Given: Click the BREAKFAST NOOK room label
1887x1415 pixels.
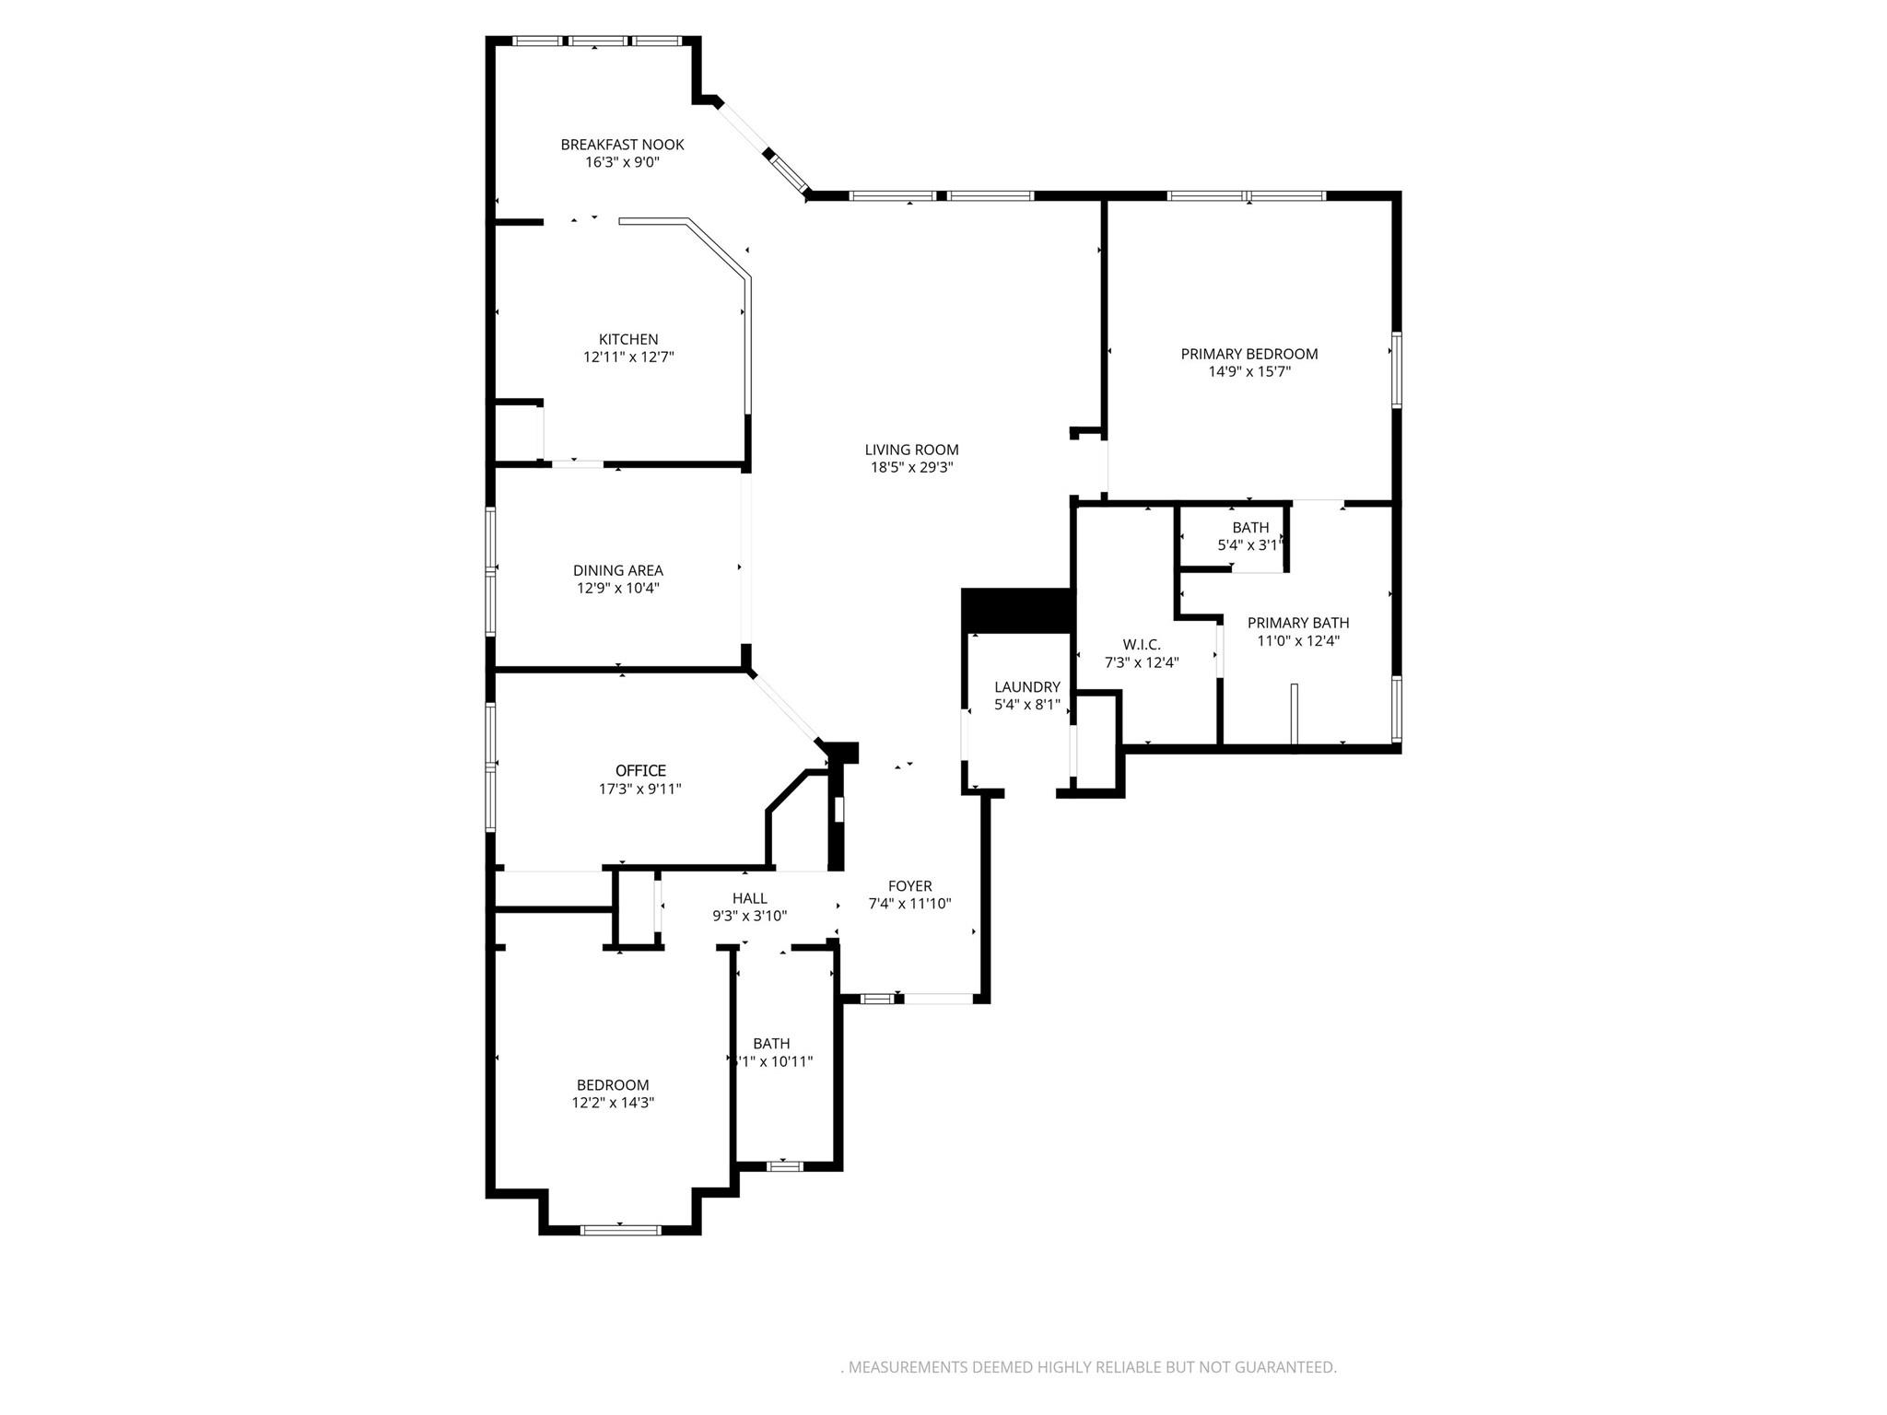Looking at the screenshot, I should tap(622, 145).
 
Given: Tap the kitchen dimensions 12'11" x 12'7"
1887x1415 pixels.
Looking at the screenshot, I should tap(628, 357).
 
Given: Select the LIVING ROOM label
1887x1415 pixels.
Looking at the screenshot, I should tap(911, 450).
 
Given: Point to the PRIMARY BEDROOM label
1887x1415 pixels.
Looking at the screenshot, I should tap(1249, 354).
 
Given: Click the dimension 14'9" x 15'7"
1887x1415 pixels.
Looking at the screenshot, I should tap(1249, 372).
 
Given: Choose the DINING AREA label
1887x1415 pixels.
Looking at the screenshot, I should tap(617, 570).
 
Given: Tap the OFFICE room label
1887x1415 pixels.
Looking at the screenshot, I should tap(640, 770).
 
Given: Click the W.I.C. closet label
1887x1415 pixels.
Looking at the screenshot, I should tap(1142, 644).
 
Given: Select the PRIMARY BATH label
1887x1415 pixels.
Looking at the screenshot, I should tap(1298, 623).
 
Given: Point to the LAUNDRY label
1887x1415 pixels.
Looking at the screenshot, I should tap(1027, 687).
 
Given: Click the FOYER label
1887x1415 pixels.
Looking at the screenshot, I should tap(909, 886).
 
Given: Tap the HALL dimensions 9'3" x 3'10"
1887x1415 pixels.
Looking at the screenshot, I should tap(749, 917).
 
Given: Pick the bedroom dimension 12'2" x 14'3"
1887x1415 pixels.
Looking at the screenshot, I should tap(613, 1103).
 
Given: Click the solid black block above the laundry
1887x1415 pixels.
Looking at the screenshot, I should tap(1017, 610).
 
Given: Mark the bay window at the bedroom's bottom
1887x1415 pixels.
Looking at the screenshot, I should tap(620, 1229).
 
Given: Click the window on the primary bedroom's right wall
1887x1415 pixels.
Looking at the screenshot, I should tap(1396, 370).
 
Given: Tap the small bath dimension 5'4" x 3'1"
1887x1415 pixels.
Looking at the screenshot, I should tap(1250, 545).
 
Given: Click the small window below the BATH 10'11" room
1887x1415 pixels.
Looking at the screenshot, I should tap(784, 1166).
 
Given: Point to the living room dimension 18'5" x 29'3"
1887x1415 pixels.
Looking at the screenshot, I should tap(911, 468).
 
